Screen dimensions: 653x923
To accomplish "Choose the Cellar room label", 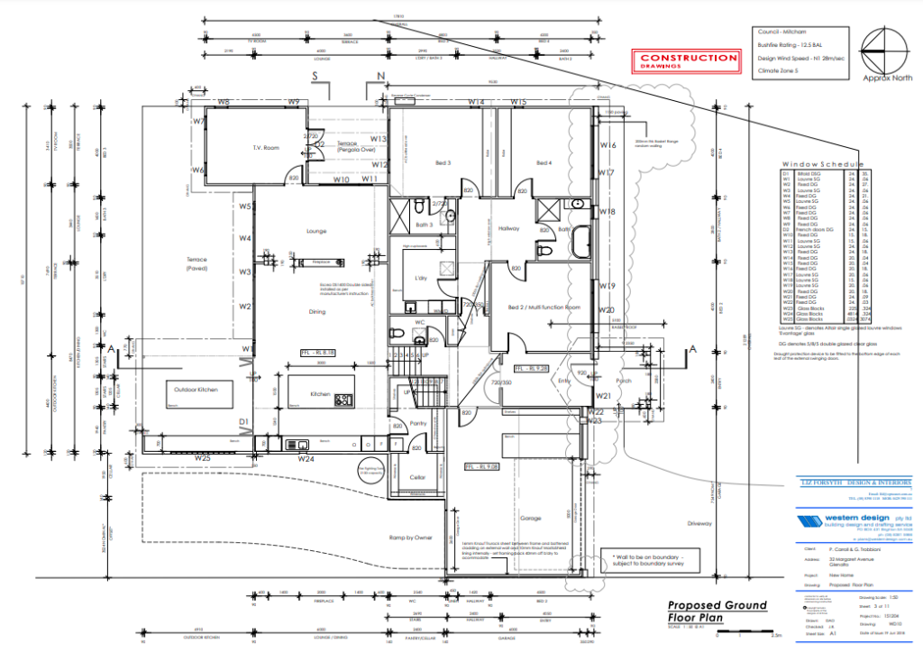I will point(416,477).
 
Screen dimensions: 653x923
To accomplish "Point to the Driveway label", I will point(699,523).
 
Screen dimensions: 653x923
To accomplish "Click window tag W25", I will point(202,458).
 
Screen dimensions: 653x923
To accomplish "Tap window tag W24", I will point(306,458).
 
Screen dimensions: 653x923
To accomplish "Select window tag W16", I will point(608,145).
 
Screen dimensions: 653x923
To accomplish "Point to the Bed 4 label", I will point(543,163).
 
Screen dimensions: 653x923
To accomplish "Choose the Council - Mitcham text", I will point(781,30).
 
